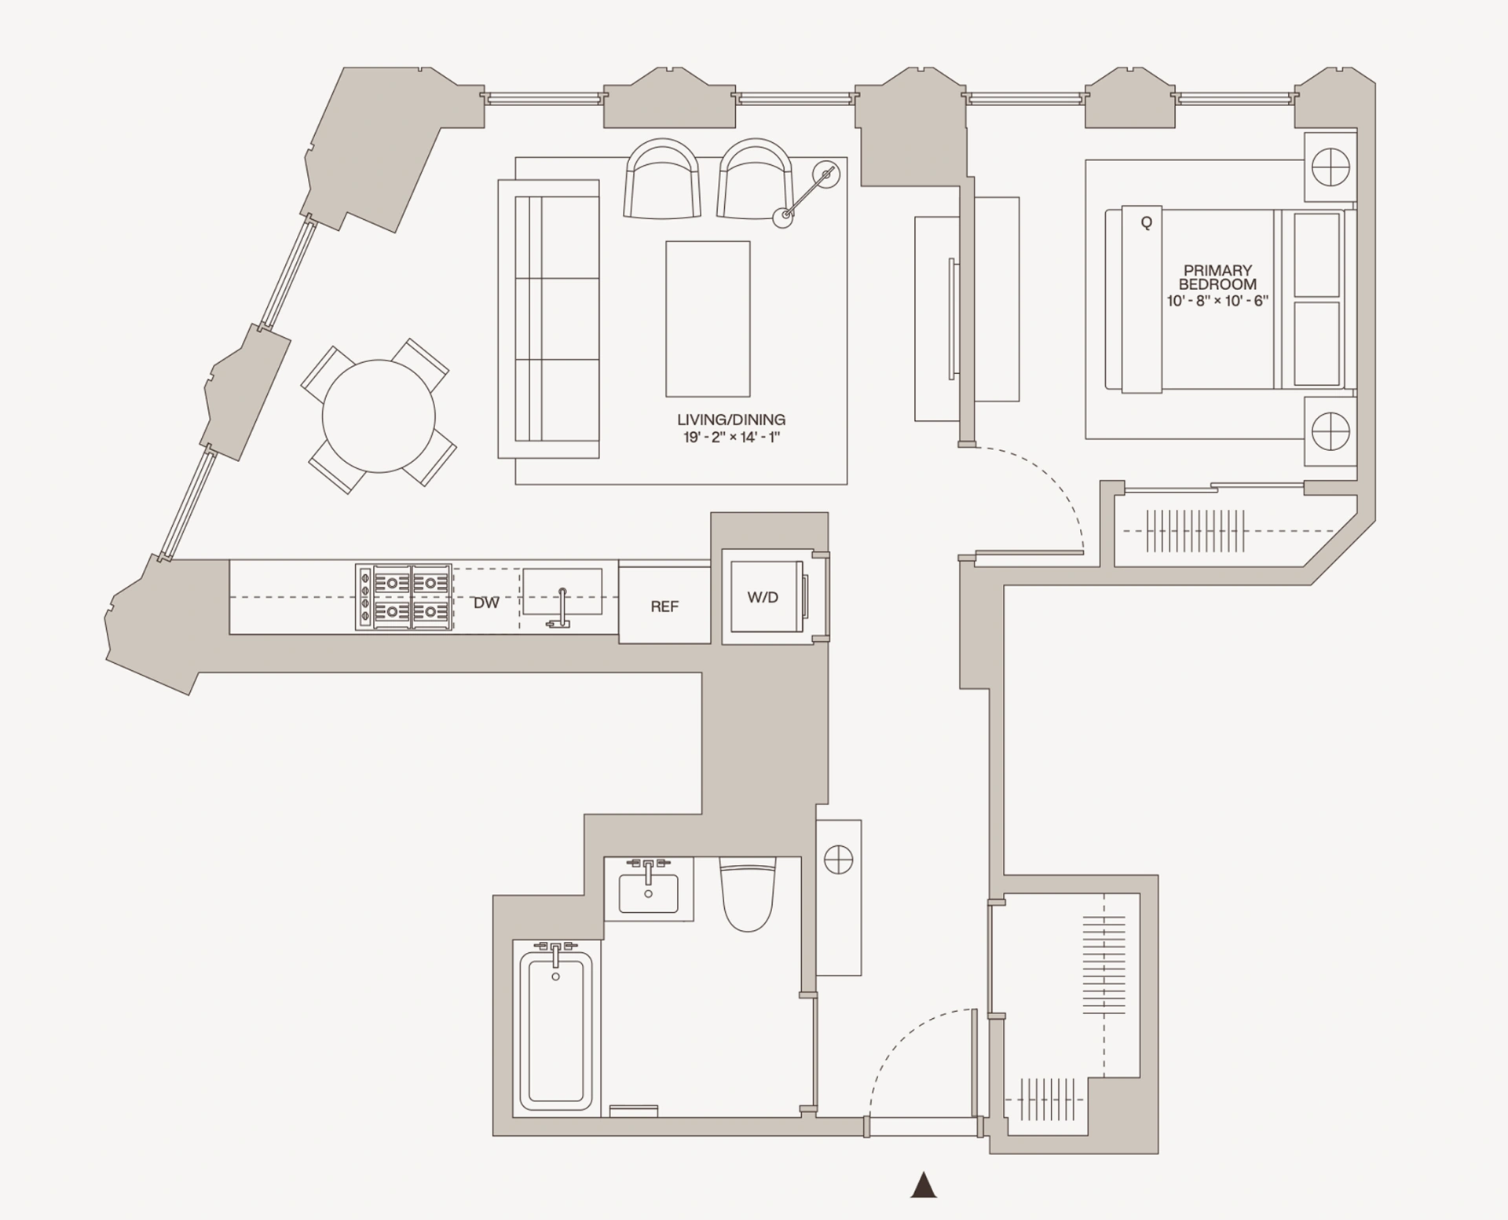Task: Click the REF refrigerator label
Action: (x=664, y=606)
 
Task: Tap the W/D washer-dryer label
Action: (x=763, y=598)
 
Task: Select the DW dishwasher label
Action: (x=486, y=603)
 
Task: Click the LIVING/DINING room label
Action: (x=731, y=420)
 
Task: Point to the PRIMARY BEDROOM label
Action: (x=1217, y=277)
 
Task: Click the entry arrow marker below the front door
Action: (x=924, y=1185)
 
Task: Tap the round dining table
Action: (x=379, y=416)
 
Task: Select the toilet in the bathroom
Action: (x=748, y=896)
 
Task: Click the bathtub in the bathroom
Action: (x=556, y=1029)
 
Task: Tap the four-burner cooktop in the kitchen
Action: (x=404, y=597)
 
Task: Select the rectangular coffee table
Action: (x=708, y=319)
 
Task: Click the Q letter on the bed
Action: (x=1146, y=223)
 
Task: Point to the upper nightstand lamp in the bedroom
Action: (x=1330, y=167)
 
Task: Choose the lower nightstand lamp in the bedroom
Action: (x=1330, y=432)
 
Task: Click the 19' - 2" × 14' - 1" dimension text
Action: (x=731, y=438)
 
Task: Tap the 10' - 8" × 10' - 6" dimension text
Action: (x=1217, y=301)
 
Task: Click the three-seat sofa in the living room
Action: (x=549, y=319)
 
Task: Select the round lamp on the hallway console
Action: (x=839, y=859)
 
